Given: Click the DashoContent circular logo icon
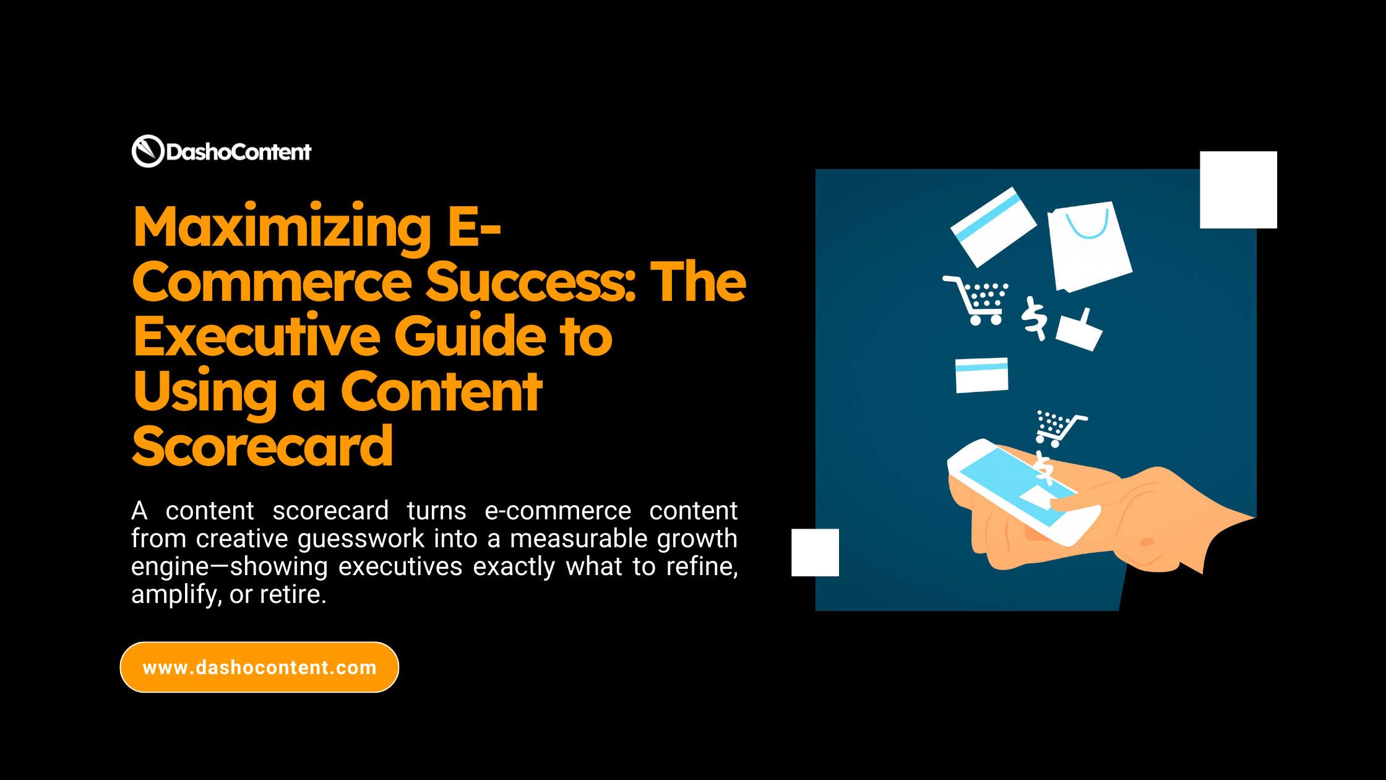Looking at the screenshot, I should point(147,151).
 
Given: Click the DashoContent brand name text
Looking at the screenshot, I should point(238,152).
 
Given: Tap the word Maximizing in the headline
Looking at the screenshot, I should point(282,228).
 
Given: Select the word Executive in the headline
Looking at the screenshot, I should point(256,337).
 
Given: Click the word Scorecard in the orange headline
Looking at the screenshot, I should point(262,446).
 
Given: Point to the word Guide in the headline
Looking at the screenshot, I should point(470,337).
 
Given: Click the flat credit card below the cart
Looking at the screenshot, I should point(981,375).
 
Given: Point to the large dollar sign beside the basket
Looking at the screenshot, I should point(1034,318).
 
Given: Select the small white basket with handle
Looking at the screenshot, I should point(1079,331).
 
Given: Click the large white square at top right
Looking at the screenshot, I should point(1238,190).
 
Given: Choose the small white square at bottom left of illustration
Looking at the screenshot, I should point(815,552).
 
